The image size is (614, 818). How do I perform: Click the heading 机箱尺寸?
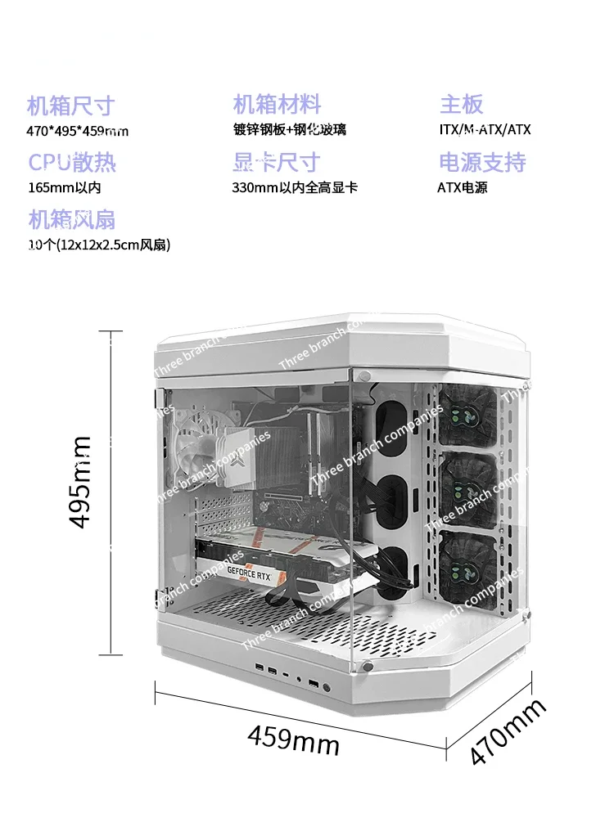(x=70, y=106)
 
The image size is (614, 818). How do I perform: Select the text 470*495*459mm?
(x=78, y=131)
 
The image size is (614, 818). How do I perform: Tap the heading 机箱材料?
(x=277, y=105)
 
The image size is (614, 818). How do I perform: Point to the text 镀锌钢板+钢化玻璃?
(x=289, y=130)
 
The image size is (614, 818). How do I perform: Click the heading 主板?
(x=462, y=105)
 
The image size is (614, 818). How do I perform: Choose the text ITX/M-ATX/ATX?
(x=485, y=130)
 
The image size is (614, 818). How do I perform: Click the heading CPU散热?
(x=72, y=162)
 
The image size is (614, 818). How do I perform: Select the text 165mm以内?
(x=64, y=187)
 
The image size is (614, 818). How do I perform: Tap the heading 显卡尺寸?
(x=276, y=162)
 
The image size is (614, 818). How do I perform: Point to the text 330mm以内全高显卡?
(x=295, y=187)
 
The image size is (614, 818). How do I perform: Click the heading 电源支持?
(x=482, y=162)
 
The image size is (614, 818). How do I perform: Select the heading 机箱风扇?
(x=71, y=219)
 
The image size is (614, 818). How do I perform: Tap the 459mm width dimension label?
(x=293, y=739)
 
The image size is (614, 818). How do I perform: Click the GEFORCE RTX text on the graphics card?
(x=250, y=573)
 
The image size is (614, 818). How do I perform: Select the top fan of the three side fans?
(x=468, y=416)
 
